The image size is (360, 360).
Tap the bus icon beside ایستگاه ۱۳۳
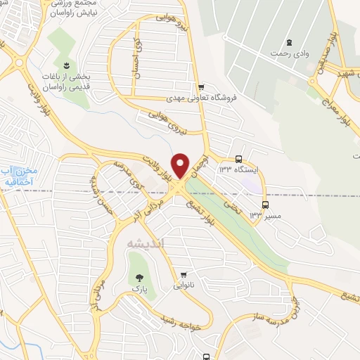239,159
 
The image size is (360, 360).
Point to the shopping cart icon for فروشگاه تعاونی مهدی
201,88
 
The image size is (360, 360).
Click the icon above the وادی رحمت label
290,41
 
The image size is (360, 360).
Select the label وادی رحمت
289,53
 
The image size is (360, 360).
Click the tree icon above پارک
138,277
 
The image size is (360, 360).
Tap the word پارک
138,288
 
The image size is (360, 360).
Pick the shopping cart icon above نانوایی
184,274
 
